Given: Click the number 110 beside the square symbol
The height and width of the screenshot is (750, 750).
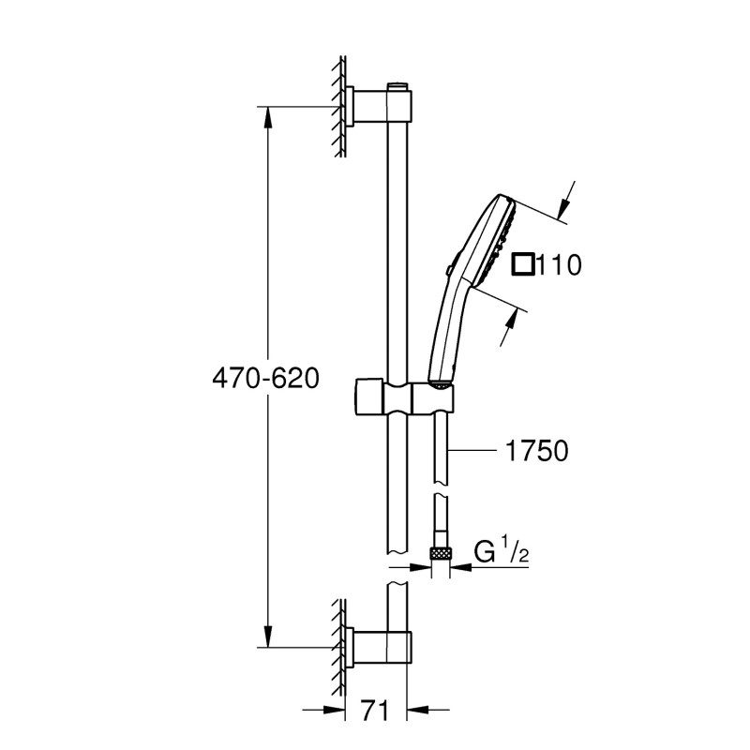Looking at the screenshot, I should pos(560,265).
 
